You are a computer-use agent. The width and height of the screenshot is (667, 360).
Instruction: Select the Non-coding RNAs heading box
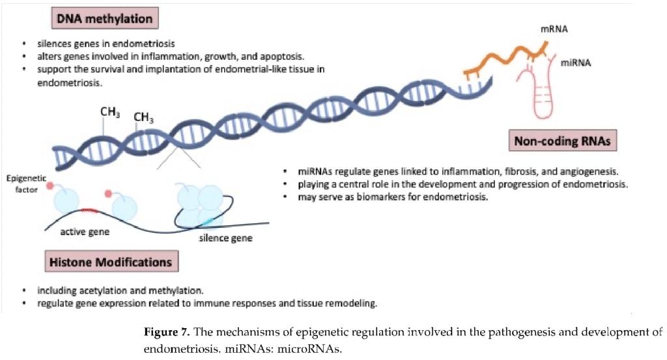point(563,141)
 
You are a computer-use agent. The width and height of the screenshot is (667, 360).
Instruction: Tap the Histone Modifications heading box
point(111,262)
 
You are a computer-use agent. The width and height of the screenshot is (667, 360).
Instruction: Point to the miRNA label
point(576,63)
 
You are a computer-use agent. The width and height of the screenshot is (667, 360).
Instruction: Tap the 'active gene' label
point(85,232)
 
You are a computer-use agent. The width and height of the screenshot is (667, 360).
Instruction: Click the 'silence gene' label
point(225,238)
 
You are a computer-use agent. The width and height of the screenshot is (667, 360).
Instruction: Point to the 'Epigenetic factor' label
point(27,184)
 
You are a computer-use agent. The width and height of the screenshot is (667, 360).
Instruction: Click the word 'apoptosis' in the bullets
point(285,57)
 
